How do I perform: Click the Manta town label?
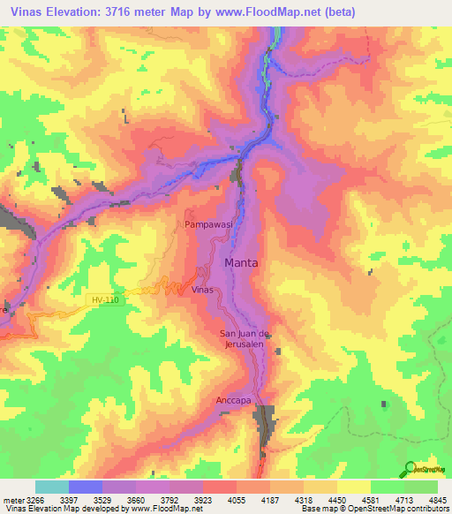[243, 263]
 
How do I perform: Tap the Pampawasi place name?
[208, 225]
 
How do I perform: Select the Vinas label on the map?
[202, 290]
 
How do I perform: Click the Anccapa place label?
[233, 400]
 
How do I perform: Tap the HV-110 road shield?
[104, 301]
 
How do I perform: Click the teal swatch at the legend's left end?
[51, 487]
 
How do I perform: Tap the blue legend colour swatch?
[85, 487]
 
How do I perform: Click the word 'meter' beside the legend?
[15, 499]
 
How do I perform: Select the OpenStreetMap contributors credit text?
[398, 508]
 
